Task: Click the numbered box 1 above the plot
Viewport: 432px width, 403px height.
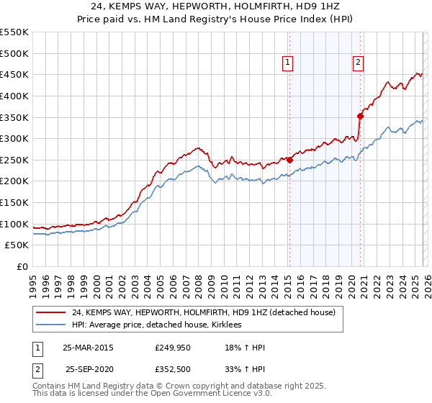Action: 287,63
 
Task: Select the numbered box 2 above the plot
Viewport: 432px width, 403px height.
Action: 358,63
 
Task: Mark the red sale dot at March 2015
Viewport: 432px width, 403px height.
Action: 289,160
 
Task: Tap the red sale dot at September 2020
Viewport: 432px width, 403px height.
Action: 361,116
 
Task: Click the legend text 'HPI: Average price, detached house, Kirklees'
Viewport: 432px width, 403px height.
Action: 156,325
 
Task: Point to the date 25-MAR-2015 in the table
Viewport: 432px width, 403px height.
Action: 88,348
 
